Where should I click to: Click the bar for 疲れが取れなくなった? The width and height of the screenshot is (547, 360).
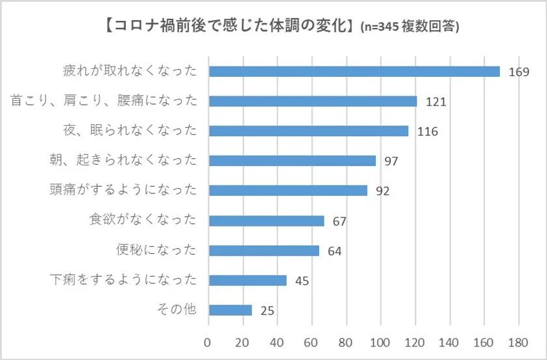coord(354,71)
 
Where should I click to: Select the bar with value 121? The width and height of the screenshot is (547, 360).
coord(313,101)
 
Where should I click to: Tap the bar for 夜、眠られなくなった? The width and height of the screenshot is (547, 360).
coord(308,131)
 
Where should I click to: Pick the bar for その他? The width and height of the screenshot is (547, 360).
coord(230,310)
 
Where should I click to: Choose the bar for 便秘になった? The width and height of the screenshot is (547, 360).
coord(264,251)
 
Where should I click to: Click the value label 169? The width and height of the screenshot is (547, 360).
coord(518,72)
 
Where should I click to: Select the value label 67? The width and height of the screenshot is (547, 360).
coord(339,221)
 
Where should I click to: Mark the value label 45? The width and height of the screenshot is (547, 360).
coord(301,281)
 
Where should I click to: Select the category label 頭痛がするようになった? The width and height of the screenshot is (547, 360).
coord(123,190)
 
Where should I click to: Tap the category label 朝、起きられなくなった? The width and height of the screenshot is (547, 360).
coord(123,160)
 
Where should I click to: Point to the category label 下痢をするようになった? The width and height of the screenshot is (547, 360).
coord(123,280)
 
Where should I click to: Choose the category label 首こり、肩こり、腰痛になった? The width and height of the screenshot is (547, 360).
coord(104,101)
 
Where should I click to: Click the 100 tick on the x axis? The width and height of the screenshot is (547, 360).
coord(380,342)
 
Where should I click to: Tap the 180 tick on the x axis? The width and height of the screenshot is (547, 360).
coord(518,342)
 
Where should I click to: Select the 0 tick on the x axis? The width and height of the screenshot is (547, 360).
coord(208,342)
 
